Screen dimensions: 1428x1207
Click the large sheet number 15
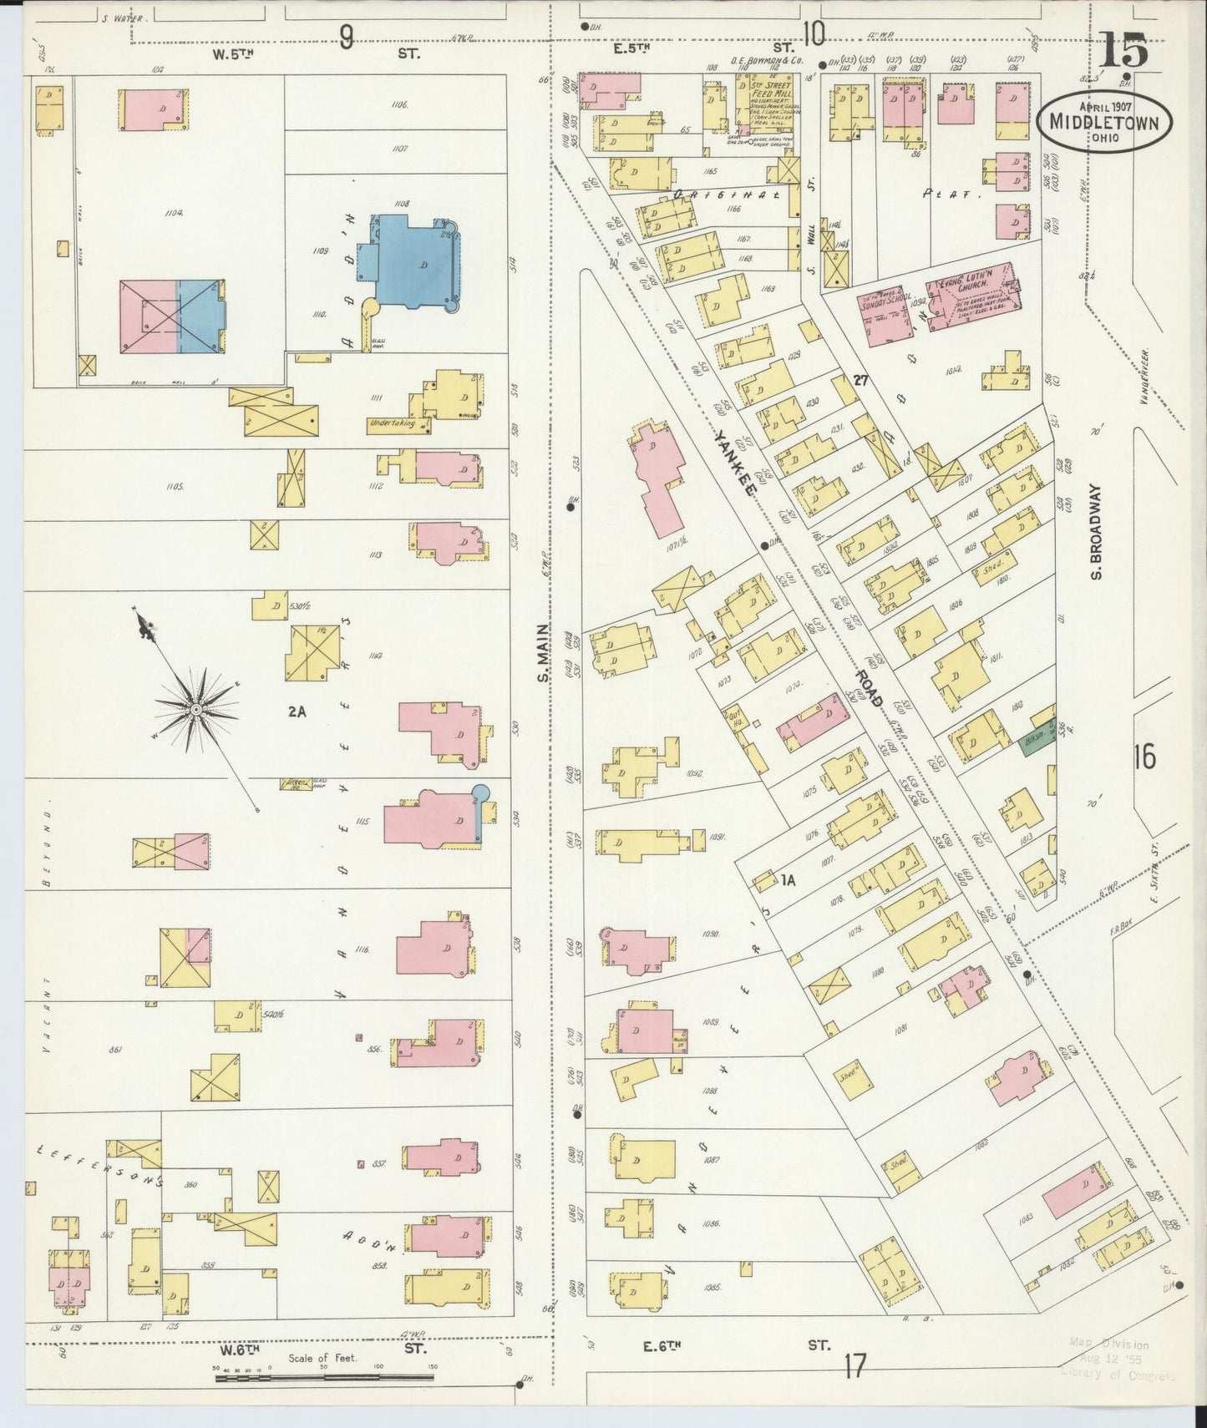pos(1123,51)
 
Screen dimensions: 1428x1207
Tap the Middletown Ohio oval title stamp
pos(1105,122)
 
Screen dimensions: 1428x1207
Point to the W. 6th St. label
pos(317,1349)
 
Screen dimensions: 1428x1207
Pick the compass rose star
pos(195,709)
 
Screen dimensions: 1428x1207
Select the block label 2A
pos(297,711)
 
